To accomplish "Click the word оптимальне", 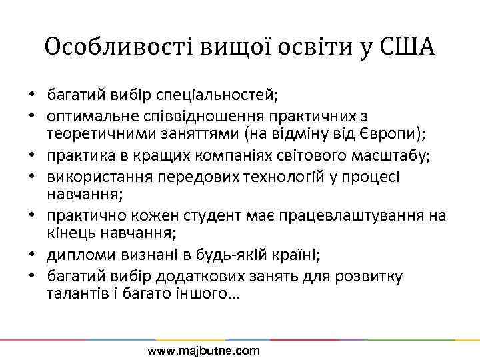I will pos(85,115).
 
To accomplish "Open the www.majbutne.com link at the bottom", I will pos(203,351).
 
